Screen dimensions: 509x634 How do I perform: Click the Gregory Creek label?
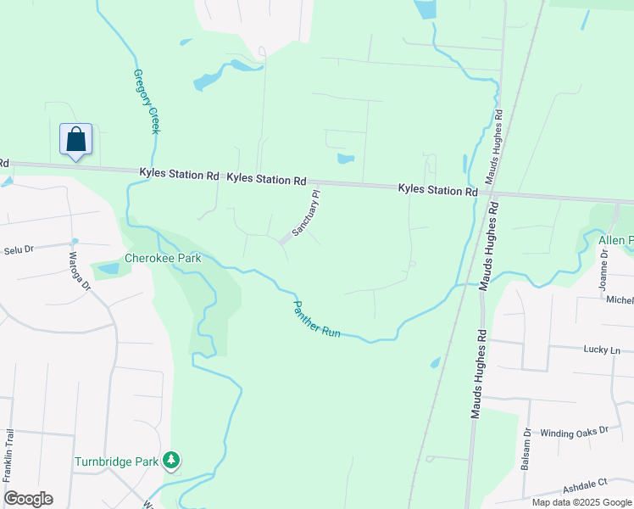[146, 102]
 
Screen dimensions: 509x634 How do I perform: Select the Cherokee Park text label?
[163, 258]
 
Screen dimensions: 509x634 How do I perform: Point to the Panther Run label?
[316, 319]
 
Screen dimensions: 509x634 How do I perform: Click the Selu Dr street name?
[18, 250]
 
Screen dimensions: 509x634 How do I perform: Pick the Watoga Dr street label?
[79, 271]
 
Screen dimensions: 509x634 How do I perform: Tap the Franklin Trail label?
[11, 459]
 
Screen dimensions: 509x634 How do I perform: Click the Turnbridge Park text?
[117, 462]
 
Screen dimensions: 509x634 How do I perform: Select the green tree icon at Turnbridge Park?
[172, 461]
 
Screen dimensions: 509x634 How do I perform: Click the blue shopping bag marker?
[75, 139]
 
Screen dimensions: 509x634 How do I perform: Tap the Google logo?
[28, 499]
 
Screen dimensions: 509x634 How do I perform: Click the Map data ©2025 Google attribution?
[581, 502]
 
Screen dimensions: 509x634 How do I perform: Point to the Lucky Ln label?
[602, 350]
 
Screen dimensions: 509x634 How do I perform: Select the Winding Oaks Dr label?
[575, 431]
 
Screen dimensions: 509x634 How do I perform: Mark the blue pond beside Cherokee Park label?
[108, 269]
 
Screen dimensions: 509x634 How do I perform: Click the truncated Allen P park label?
[615, 241]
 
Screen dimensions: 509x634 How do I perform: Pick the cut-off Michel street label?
[619, 300]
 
